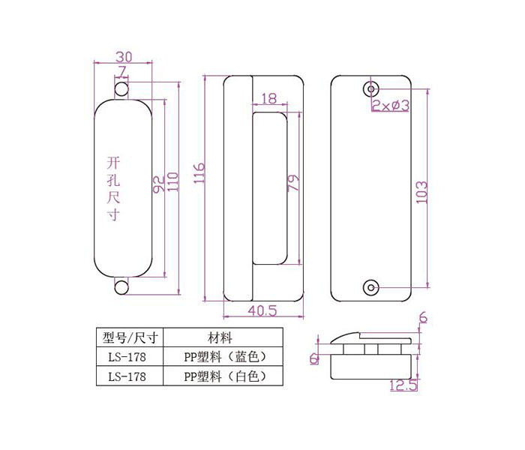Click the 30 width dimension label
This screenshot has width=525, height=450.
click(124, 56)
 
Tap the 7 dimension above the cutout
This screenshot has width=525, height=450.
click(121, 72)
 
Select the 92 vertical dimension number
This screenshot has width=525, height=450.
click(159, 184)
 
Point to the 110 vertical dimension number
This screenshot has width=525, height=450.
click(172, 181)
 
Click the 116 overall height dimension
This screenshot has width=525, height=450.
click(199, 172)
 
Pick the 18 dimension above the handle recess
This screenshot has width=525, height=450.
click(268, 98)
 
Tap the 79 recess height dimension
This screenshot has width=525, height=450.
click(293, 182)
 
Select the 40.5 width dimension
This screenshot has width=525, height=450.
click(262, 310)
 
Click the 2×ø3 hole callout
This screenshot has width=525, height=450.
click(391, 106)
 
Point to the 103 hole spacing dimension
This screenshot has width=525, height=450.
click(421, 192)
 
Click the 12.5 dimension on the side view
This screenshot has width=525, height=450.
click(403, 385)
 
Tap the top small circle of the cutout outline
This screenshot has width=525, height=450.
click(121, 89)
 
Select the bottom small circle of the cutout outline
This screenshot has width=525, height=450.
click(121, 287)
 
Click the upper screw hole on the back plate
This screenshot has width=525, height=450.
click(371, 88)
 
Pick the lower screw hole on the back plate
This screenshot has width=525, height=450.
click(371, 287)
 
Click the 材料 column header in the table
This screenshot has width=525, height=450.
click(220, 337)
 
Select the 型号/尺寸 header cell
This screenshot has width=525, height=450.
click(130, 337)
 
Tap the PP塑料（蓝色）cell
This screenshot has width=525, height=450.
click(223, 357)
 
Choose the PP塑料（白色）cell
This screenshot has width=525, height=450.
click(223, 376)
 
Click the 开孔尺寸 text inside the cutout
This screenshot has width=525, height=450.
click(113, 188)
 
